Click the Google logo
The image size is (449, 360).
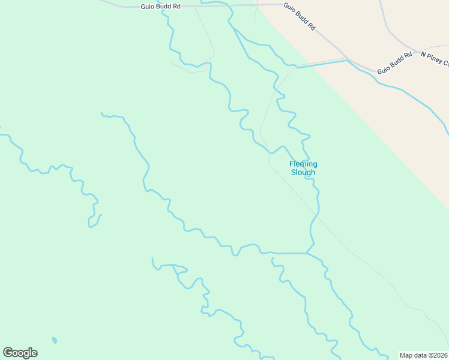20,353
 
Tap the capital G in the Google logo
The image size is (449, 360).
8,353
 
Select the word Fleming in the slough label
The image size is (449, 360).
303,164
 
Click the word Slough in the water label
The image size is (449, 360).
303,172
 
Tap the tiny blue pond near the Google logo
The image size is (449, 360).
55,340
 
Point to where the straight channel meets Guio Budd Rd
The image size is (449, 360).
347,60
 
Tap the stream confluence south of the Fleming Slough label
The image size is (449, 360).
306,253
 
